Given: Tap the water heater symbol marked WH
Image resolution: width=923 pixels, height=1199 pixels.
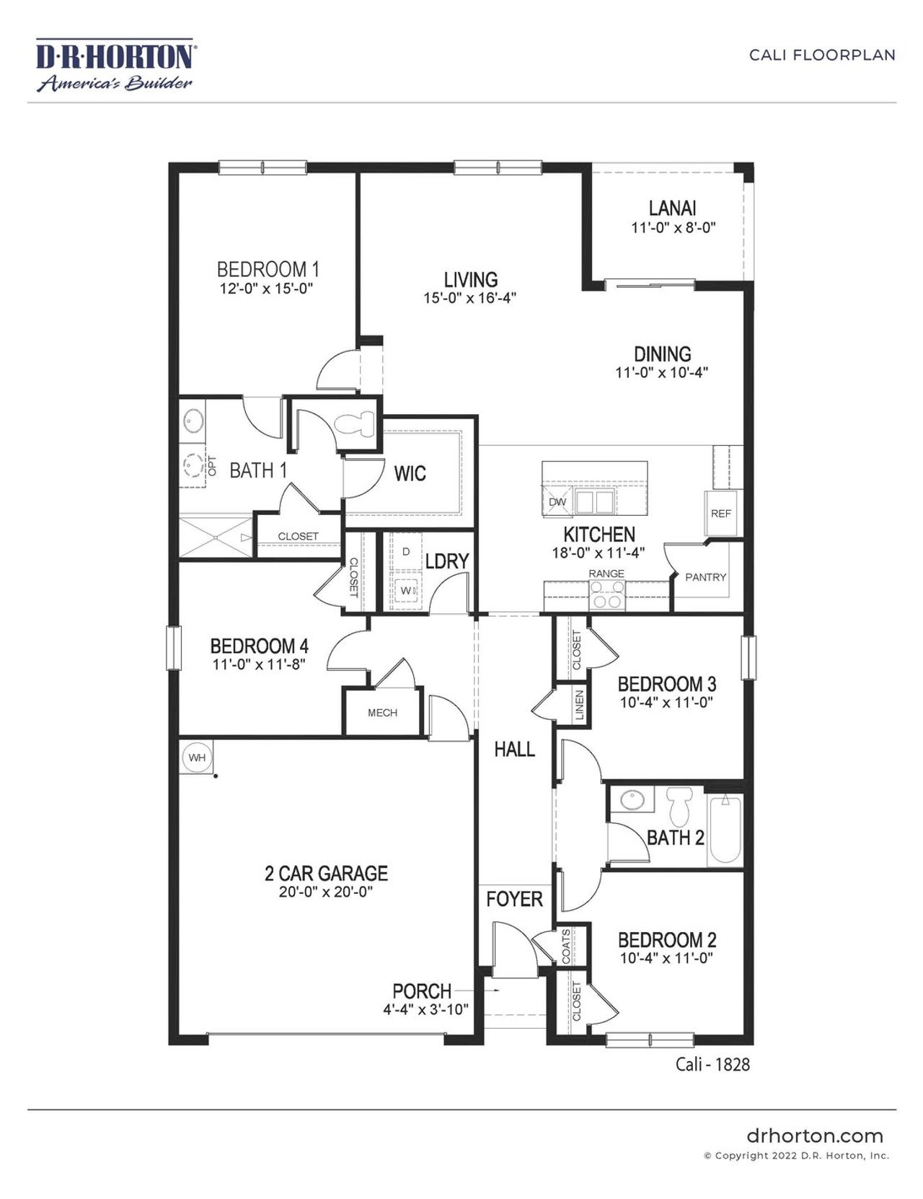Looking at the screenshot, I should pyautogui.click(x=197, y=757).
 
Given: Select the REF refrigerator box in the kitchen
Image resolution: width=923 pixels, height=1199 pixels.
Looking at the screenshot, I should pyautogui.click(x=720, y=514).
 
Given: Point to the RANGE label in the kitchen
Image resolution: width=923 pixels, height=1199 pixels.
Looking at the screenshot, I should pyautogui.click(x=606, y=574).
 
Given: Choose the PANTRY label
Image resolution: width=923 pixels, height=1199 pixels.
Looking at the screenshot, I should pyautogui.click(x=705, y=577).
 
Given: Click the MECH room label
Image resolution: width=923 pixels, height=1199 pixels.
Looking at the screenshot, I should pyautogui.click(x=382, y=713).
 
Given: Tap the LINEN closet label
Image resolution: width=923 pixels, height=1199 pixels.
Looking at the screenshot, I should pyautogui.click(x=580, y=706).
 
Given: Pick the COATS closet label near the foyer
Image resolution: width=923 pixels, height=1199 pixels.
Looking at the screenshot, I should pyautogui.click(x=566, y=947).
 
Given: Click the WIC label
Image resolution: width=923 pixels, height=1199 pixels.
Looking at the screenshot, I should pyautogui.click(x=410, y=474).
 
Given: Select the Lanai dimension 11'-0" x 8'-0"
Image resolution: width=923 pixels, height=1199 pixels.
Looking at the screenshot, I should pyautogui.click(x=673, y=228).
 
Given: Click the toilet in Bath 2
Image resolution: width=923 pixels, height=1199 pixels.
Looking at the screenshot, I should pyautogui.click(x=679, y=806).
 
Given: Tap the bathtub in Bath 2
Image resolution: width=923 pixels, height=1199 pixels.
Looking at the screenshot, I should pyautogui.click(x=725, y=830).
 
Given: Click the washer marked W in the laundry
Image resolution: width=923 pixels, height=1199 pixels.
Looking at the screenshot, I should pyautogui.click(x=405, y=591).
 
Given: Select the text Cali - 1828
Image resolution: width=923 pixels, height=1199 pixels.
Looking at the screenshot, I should pyautogui.click(x=712, y=1064).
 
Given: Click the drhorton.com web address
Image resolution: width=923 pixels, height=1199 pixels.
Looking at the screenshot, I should pyautogui.click(x=815, y=1136).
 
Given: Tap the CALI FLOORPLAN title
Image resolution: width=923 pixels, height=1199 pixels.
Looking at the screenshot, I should pyautogui.click(x=822, y=55).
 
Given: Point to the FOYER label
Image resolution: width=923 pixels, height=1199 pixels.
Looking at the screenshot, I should pyautogui.click(x=514, y=899).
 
